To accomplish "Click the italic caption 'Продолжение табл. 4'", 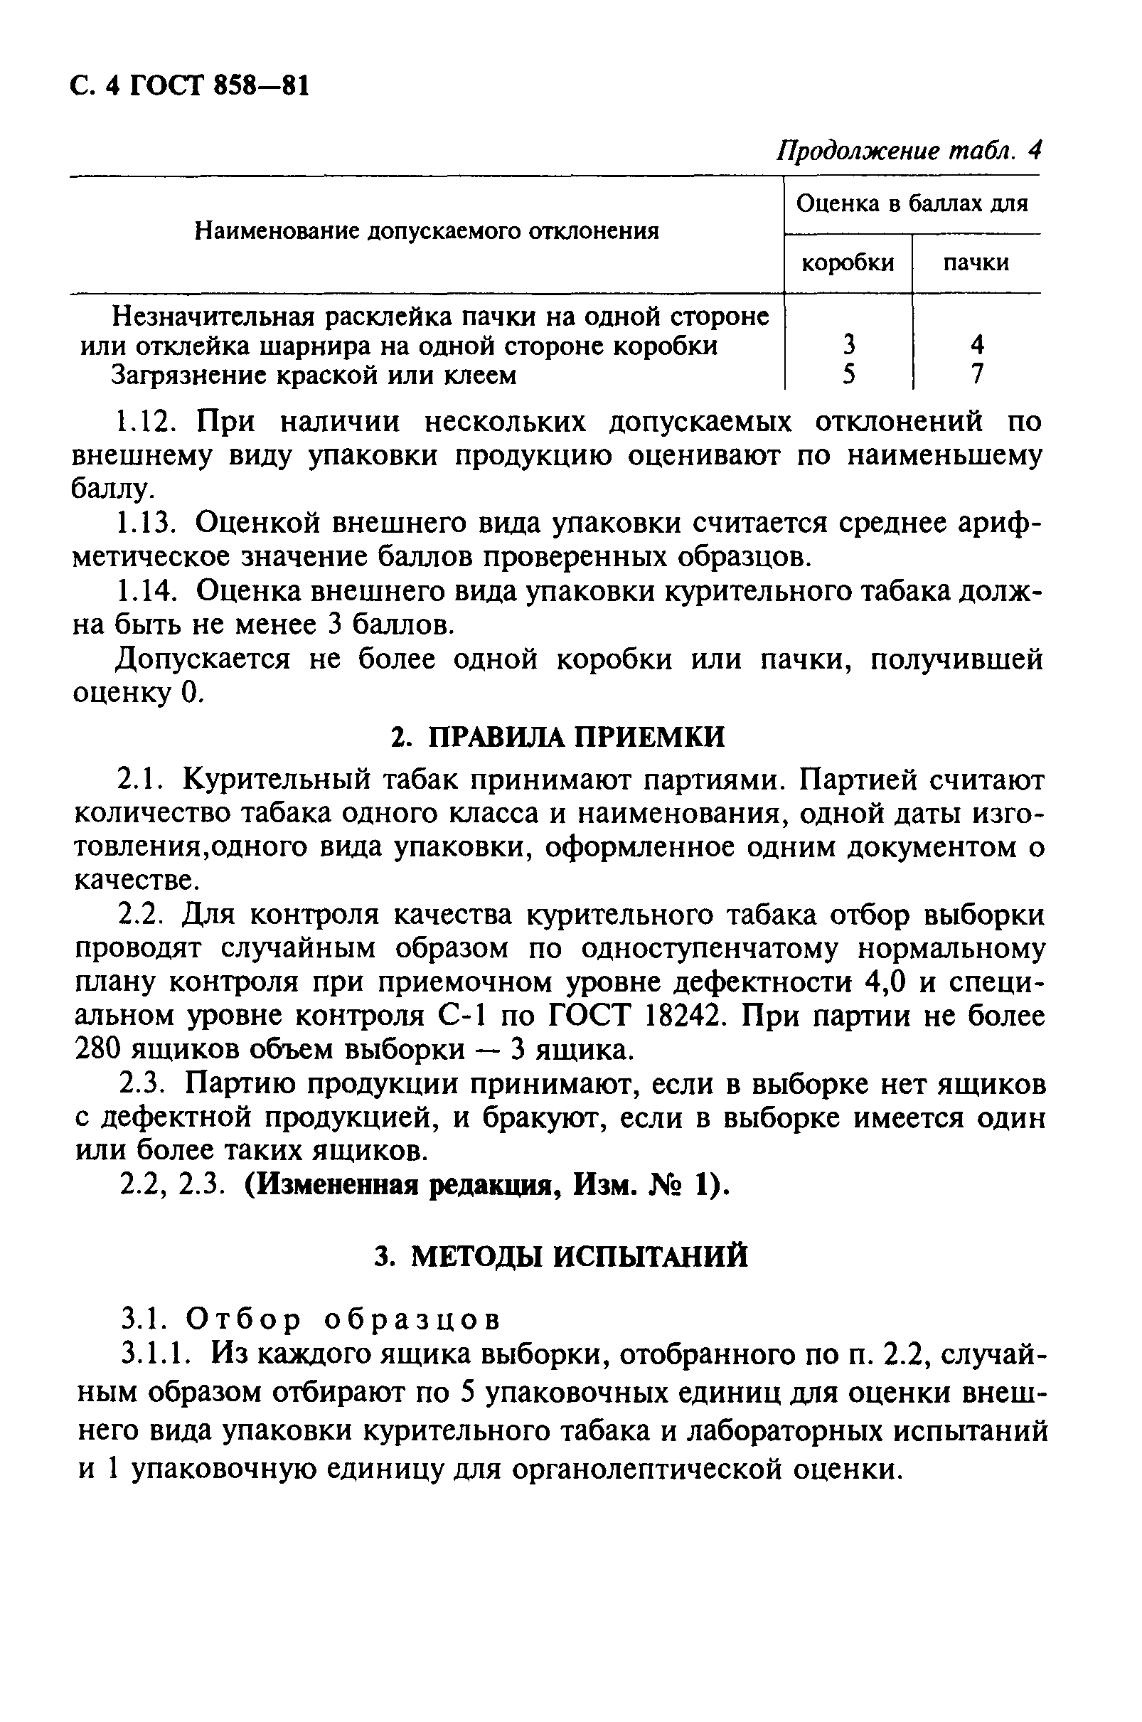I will coord(909,151).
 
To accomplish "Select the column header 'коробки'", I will coord(847,262).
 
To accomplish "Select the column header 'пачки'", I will coord(976,262).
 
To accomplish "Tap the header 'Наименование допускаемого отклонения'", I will coord(427,232).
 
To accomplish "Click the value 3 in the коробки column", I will coord(848,344).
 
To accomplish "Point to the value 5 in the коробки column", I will coord(848,373).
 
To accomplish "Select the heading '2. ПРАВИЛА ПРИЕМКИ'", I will coord(557,737).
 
